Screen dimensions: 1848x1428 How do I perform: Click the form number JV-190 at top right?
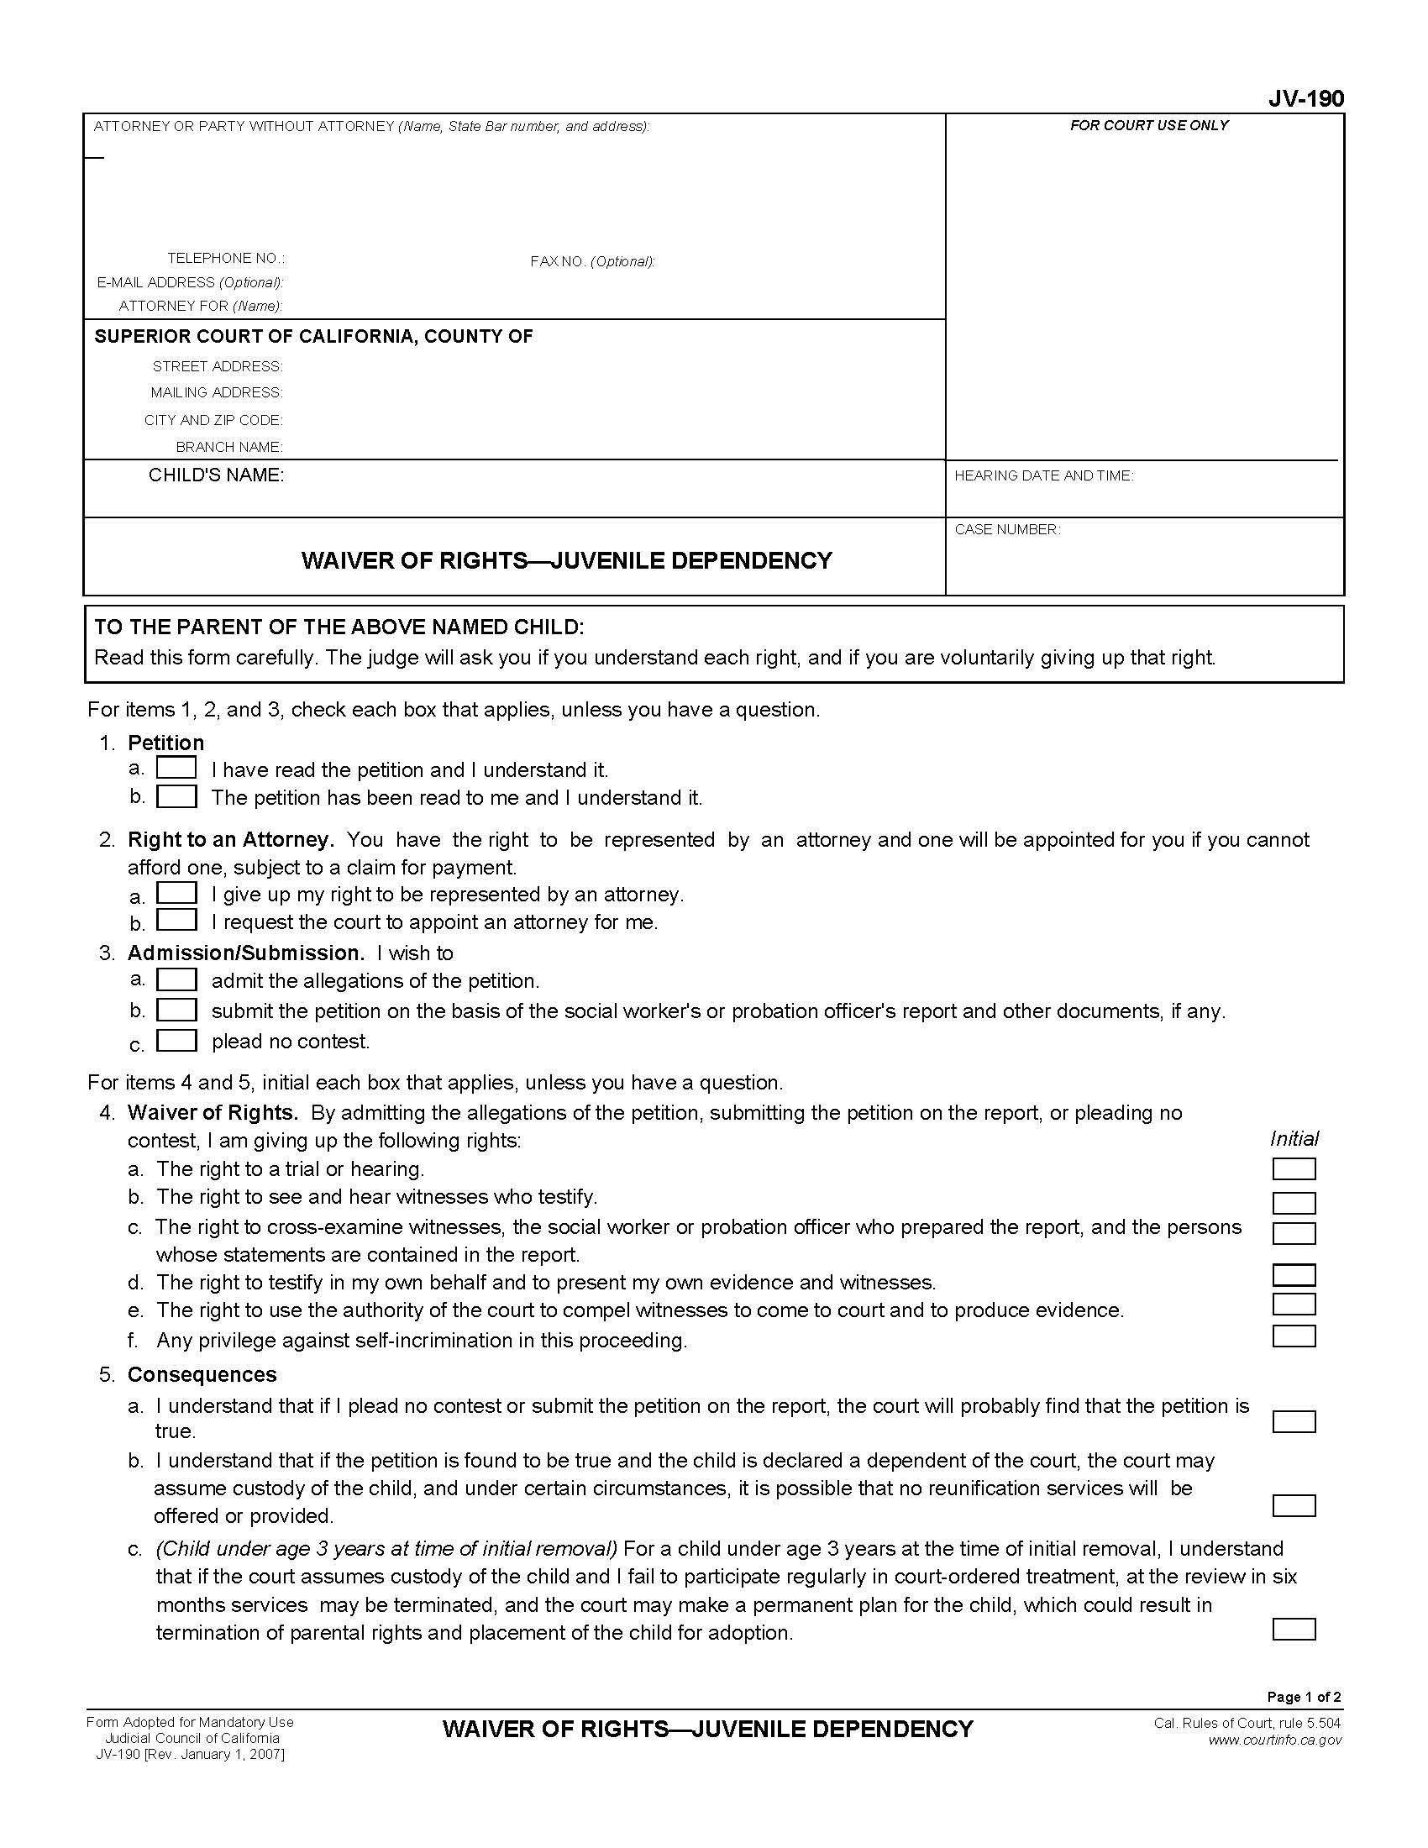point(1305,99)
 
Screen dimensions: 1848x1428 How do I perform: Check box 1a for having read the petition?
point(176,768)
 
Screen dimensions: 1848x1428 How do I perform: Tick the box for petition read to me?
point(176,796)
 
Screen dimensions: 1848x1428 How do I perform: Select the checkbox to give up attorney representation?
point(176,893)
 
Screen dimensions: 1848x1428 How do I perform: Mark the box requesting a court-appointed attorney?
point(176,920)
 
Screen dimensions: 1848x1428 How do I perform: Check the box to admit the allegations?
point(176,979)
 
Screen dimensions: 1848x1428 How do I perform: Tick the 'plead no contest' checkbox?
point(176,1040)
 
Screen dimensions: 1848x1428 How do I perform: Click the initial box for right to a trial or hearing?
point(1294,1168)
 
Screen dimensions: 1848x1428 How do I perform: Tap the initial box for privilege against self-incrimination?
point(1294,1336)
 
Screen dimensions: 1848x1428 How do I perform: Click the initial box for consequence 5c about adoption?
point(1294,1629)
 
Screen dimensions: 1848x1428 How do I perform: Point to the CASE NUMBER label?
point(1006,530)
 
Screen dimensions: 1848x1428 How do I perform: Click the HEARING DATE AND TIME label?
point(1043,476)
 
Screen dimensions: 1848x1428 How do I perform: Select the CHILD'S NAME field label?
point(216,475)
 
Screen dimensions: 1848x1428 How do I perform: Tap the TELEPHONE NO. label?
point(226,258)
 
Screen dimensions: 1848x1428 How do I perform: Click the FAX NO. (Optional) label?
point(592,261)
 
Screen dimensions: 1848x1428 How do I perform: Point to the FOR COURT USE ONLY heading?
point(1149,125)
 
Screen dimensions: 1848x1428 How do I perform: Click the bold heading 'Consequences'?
point(202,1374)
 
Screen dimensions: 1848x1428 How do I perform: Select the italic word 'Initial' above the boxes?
point(1294,1139)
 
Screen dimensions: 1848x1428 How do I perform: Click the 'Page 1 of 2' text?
point(1304,1697)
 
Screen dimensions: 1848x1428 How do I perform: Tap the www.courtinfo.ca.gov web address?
point(1274,1740)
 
